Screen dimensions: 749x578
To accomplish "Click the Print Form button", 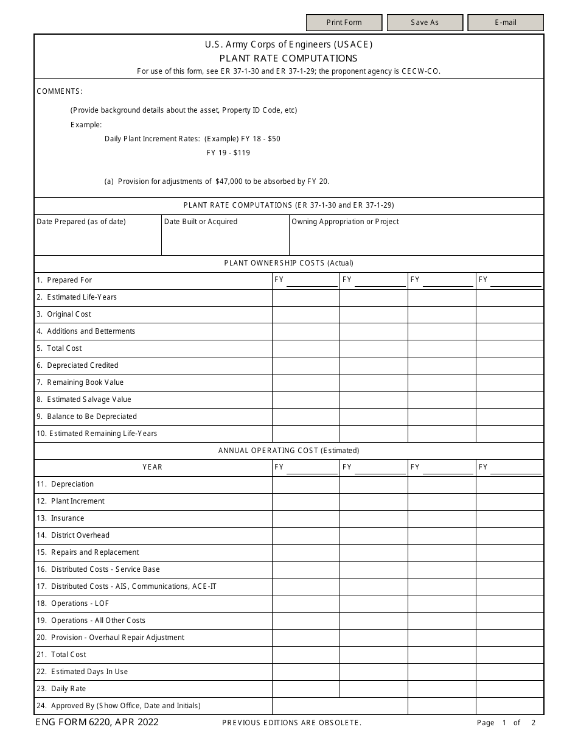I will tap(344, 23).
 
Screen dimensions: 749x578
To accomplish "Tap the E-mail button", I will tap(505, 23).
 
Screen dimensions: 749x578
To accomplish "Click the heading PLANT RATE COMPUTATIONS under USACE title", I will tap(288, 58).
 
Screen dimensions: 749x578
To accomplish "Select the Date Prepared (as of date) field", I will tap(97, 239).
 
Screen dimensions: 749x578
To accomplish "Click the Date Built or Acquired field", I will tap(225, 239).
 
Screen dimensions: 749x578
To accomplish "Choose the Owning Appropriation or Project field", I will tap(416, 239).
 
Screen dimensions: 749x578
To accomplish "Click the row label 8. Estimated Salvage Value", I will tap(84, 399).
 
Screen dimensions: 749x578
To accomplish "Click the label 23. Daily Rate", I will tap(61, 689).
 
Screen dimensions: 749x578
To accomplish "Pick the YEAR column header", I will tap(153, 467).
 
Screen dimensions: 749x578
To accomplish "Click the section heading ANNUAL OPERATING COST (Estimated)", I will tap(288, 451).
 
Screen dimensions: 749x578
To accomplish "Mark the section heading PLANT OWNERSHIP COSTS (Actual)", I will tap(288, 263).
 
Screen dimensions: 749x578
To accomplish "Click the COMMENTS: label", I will tap(60, 91).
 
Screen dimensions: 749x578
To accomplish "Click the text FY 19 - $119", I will tap(228, 153).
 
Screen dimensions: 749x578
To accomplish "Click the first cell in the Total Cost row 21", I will tap(305, 655).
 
